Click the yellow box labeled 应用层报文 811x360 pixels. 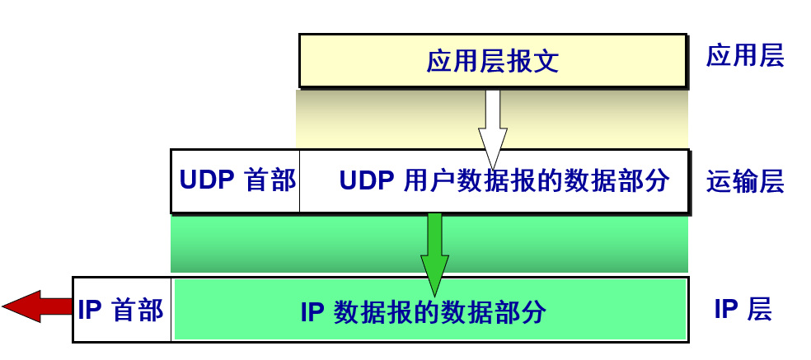click(492, 61)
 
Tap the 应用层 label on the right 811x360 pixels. click(744, 57)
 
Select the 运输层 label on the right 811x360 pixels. click(744, 182)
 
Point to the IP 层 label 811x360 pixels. click(742, 311)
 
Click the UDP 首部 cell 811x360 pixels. click(236, 181)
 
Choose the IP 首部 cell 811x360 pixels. click(122, 311)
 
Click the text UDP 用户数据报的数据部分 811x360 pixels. click(504, 181)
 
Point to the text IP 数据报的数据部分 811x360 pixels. click(423, 312)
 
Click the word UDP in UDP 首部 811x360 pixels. click(207, 181)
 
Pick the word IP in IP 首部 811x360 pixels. click(89, 311)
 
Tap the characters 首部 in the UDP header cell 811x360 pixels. click(270, 181)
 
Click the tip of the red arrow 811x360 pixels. click(6, 306)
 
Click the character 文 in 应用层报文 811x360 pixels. click(546, 62)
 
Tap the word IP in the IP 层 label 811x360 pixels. click(725, 311)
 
